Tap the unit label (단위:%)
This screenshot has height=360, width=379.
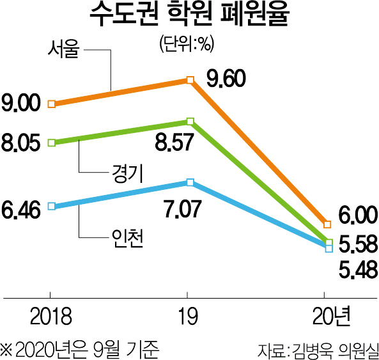pyautogui.click(x=187, y=43)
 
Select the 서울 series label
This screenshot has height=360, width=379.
pyautogui.click(x=63, y=49)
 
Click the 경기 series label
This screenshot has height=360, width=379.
pyautogui.click(x=128, y=173)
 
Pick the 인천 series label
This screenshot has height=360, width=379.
pyautogui.click(x=127, y=238)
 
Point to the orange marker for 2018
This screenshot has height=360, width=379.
pyautogui.click(x=52, y=104)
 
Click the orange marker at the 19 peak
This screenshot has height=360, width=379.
pyautogui.click(x=190, y=80)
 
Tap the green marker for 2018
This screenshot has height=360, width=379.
pyautogui.click(x=52, y=143)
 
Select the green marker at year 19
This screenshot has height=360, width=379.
pyautogui.click(x=190, y=121)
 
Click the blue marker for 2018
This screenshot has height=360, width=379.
pyautogui.click(x=52, y=207)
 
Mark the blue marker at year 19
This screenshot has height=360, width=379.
pyautogui.click(x=190, y=182)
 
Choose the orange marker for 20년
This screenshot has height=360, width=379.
pyautogui.click(x=327, y=224)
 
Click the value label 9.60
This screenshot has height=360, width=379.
pyautogui.click(x=226, y=79)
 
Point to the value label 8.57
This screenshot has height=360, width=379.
pyautogui.click(x=174, y=143)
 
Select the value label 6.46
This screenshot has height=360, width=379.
pyautogui.click(x=21, y=210)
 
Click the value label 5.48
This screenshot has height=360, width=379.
pyautogui.click(x=358, y=269)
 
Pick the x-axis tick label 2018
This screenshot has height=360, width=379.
pyautogui.click(x=51, y=317)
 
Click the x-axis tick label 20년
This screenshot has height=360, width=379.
pyautogui.click(x=331, y=316)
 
